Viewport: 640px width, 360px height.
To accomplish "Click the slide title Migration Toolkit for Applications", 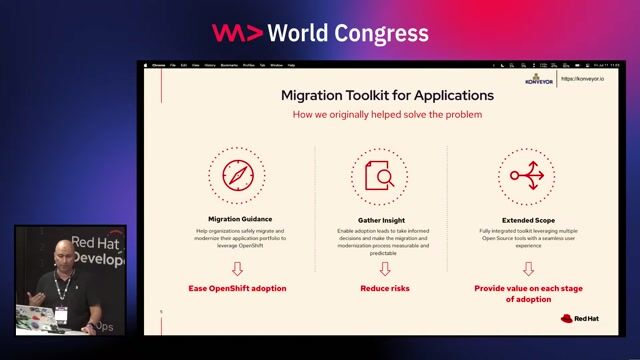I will [x=386, y=95].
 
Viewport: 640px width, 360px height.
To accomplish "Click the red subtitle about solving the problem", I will [x=387, y=114].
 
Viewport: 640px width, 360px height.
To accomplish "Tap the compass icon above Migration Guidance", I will [x=239, y=175].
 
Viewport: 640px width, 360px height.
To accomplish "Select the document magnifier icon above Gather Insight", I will [x=379, y=175].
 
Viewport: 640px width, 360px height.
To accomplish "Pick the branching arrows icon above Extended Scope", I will [x=526, y=175].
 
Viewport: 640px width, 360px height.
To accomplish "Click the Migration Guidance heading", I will [x=240, y=218].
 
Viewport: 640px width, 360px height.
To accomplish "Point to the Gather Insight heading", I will [x=379, y=218].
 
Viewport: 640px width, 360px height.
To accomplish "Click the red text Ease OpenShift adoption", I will [x=238, y=288].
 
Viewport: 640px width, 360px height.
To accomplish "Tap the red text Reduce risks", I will [x=385, y=288].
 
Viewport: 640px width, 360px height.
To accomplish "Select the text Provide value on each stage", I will [x=527, y=288].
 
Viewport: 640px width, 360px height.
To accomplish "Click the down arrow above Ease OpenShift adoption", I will [x=238, y=268].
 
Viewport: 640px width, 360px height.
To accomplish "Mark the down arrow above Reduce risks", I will [x=385, y=268].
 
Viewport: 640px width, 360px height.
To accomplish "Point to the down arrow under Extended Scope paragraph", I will [x=528, y=268].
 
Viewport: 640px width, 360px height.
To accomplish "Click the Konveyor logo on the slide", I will [x=538, y=80].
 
